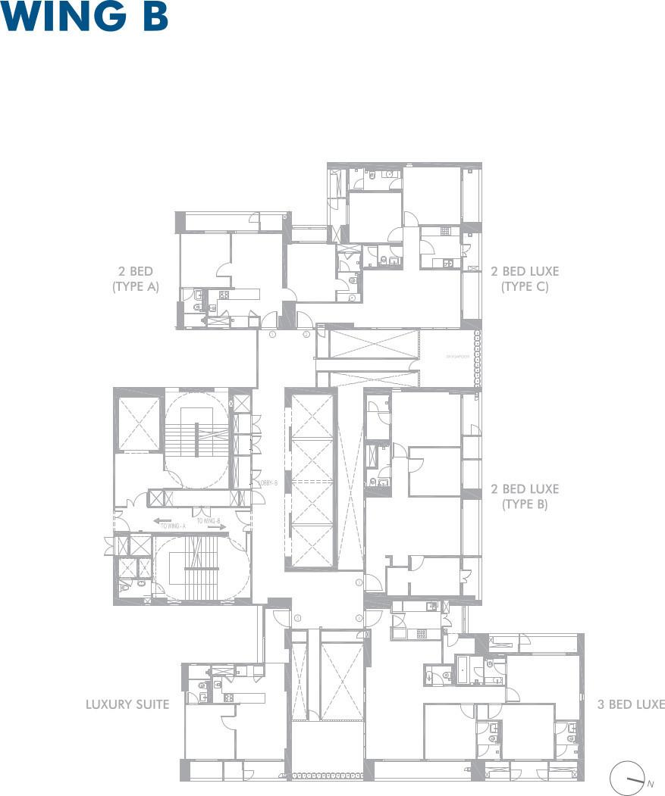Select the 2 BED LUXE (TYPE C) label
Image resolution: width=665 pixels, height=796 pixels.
[x=524, y=279]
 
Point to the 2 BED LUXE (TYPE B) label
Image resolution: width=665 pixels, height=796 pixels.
[x=524, y=496]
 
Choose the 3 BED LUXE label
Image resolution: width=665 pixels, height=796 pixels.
[x=630, y=704]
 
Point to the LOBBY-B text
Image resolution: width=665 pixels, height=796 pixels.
[x=268, y=482]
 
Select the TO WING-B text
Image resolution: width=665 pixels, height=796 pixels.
[x=209, y=520]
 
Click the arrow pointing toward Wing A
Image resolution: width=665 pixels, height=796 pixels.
[x=162, y=520]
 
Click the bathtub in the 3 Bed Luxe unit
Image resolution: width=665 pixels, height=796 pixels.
[x=463, y=668]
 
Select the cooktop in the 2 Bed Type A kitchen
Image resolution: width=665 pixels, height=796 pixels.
[x=224, y=295]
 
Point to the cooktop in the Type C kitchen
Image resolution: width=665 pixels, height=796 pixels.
[x=446, y=232]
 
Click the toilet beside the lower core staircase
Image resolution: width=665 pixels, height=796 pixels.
[x=124, y=586]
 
